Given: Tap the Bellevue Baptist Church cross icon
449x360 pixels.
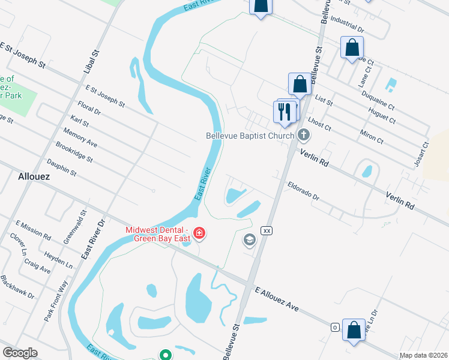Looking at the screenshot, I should click(x=304, y=136).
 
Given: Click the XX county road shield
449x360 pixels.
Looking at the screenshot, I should click(x=267, y=230).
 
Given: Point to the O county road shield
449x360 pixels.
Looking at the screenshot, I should click(x=335, y=327).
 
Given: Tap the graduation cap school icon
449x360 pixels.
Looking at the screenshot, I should click(x=249, y=241).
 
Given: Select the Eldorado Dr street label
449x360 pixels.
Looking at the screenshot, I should click(x=303, y=191).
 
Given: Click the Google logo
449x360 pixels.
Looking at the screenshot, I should click(x=20, y=353).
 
